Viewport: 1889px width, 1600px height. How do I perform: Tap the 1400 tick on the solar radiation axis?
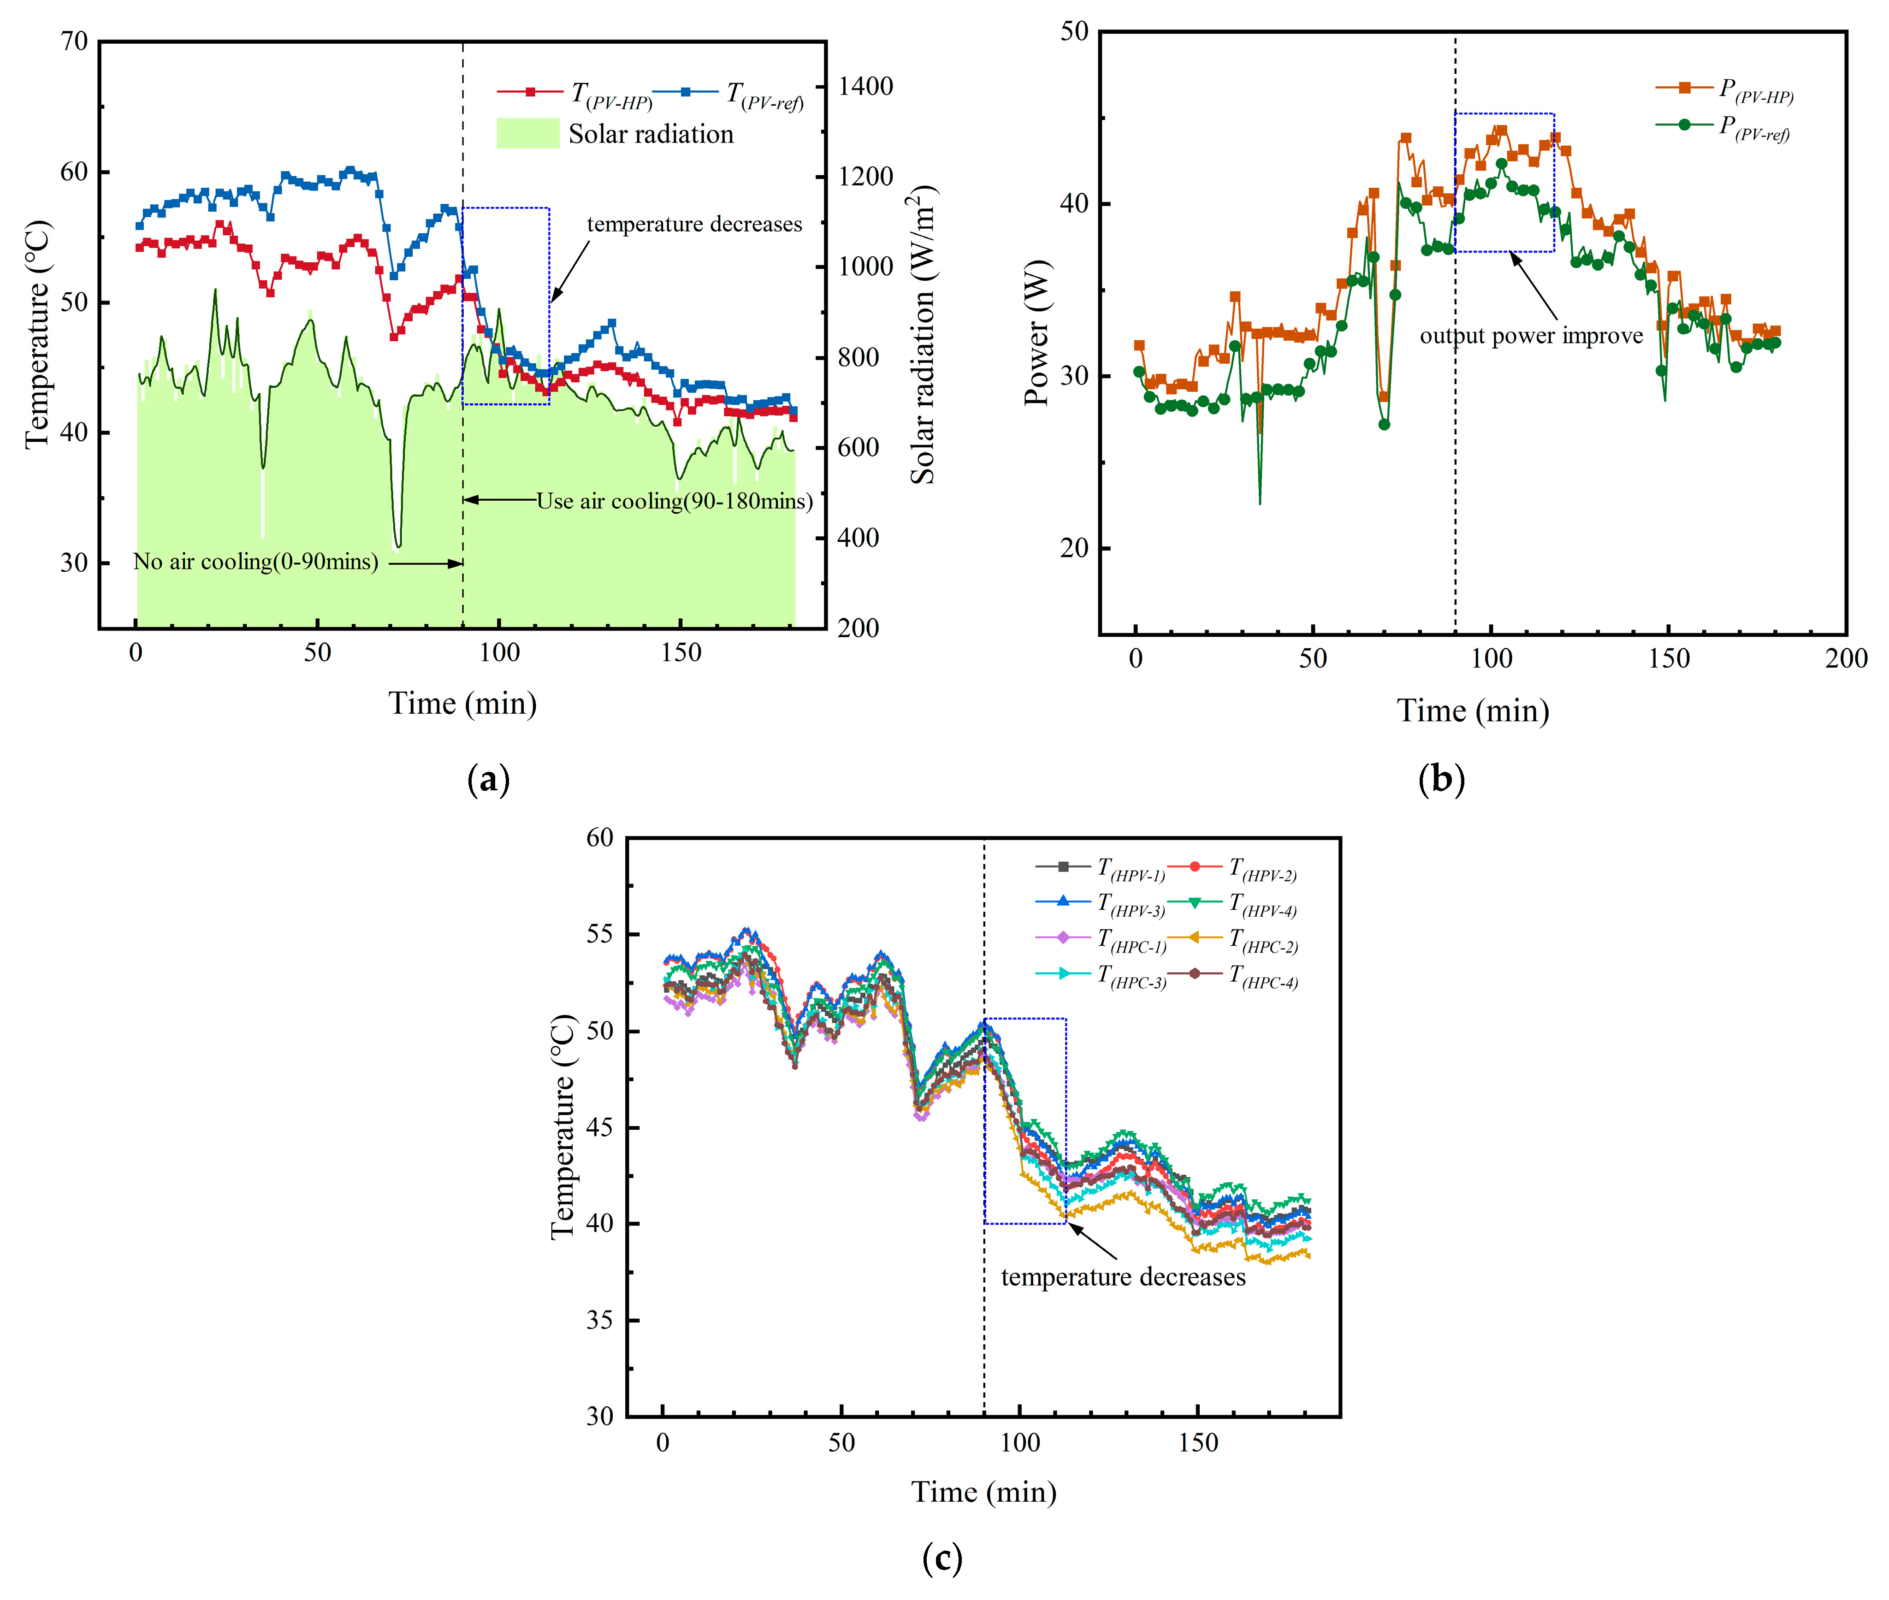865,86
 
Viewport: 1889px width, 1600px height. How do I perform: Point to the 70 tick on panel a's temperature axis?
74,41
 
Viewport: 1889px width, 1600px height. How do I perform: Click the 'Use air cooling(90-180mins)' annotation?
674,501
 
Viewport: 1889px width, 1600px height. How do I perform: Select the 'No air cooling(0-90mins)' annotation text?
256,562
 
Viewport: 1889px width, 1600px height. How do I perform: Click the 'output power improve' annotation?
1531,336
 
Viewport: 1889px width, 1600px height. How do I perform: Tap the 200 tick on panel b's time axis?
1846,658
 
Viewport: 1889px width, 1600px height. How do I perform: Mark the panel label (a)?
488,779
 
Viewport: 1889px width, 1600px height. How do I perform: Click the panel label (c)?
942,1559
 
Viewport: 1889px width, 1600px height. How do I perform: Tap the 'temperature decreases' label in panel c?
1123,1277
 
